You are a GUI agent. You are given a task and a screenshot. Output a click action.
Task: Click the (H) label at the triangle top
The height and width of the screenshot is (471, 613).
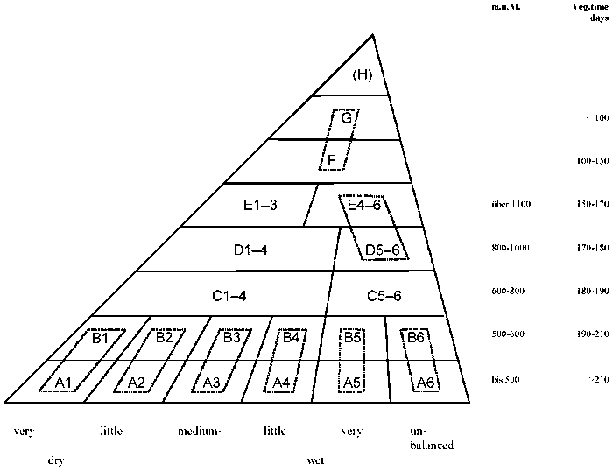363,75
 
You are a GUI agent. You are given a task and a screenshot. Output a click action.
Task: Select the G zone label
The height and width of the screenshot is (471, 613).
347,117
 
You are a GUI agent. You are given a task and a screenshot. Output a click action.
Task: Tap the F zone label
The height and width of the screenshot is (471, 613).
332,160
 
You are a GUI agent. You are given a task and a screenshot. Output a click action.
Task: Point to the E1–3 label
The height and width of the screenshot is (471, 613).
260,206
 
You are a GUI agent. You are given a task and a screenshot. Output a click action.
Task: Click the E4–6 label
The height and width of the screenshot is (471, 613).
364,206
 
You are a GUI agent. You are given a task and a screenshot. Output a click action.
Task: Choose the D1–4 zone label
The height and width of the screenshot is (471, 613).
250,250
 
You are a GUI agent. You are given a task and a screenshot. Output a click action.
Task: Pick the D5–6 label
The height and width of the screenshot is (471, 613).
383,250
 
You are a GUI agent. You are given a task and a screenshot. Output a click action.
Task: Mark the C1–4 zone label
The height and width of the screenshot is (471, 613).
229,295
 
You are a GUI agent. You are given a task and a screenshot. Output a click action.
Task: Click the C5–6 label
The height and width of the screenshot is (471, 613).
383,295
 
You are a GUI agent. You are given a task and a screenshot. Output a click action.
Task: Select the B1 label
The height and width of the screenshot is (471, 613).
100,338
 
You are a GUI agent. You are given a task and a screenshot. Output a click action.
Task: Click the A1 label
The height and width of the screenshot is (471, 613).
62,382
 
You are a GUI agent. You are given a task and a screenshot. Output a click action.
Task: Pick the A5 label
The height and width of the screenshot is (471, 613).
351,382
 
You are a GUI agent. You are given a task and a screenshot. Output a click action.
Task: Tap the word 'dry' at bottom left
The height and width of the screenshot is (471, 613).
55,460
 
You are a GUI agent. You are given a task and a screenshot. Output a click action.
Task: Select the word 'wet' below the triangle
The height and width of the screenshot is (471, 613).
316,460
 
